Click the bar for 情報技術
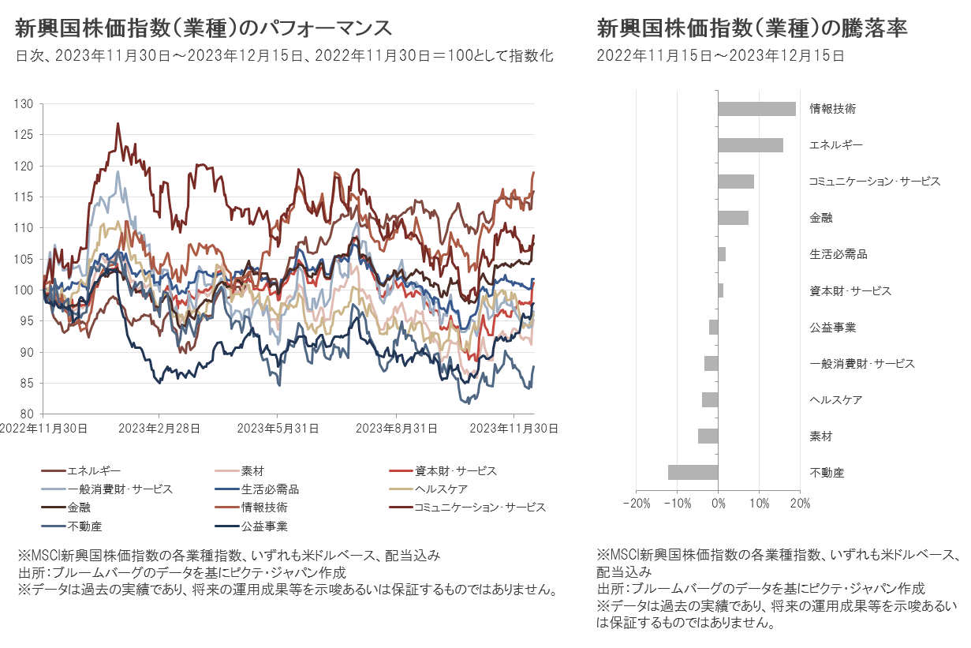coord(756,109)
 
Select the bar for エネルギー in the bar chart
coord(750,145)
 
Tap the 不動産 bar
coord(693,473)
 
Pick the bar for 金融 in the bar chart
coord(733,218)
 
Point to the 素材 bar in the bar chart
coord(708,436)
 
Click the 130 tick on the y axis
coord(24,104)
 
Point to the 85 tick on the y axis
coord(26,384)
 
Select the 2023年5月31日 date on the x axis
coord(277,429)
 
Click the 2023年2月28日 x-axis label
coord(159,429)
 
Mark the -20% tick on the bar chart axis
coord(636,503)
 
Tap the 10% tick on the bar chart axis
coord(759,503)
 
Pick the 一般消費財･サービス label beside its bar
coord(861,364)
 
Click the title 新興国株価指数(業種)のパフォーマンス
coord(204,28)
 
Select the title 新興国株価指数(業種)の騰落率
coord(753,28)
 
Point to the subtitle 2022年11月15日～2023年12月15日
coord(720,56)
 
